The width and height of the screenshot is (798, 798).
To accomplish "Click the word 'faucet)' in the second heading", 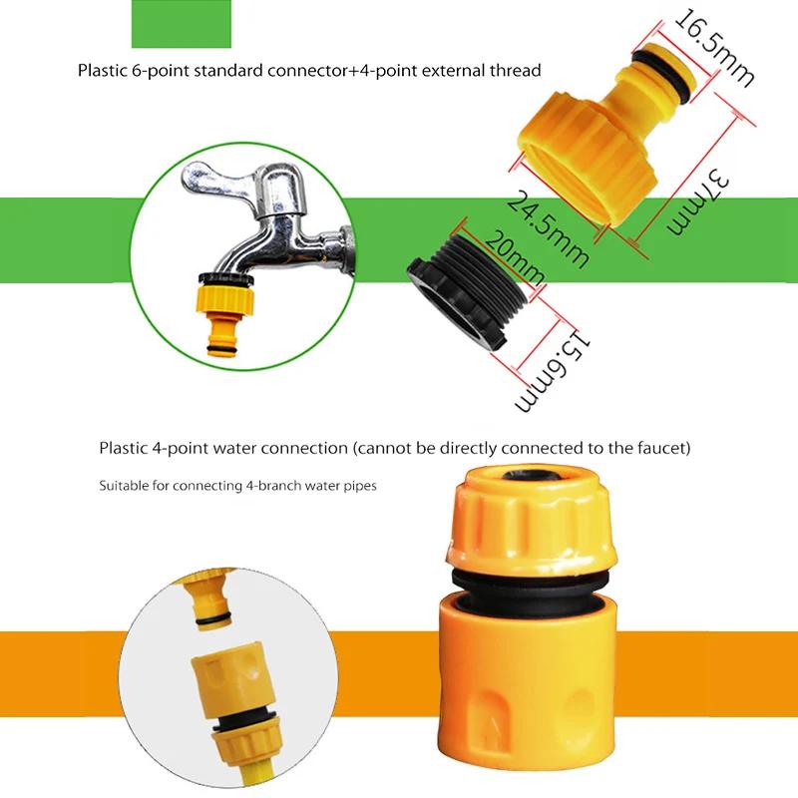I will coord(664,449).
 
